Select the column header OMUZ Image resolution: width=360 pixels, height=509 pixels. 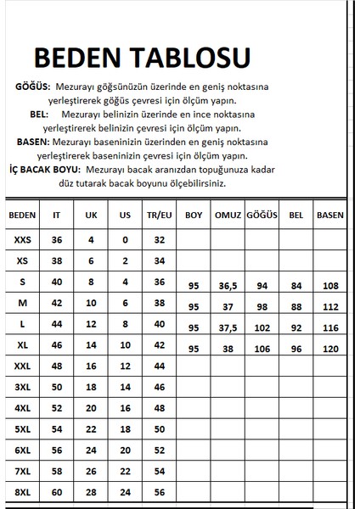coord(227,215)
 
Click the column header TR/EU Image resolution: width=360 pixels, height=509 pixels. coord(158,215)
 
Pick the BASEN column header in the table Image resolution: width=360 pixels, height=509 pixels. coord(329,215)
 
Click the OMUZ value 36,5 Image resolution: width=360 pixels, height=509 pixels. coord(227,287)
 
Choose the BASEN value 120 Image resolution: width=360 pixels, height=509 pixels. coord(329,349)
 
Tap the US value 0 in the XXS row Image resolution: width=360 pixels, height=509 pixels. coord(125,240)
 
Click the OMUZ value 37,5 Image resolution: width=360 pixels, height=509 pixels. coord(227,327)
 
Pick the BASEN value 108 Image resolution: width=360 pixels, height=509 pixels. coord(329,287)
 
